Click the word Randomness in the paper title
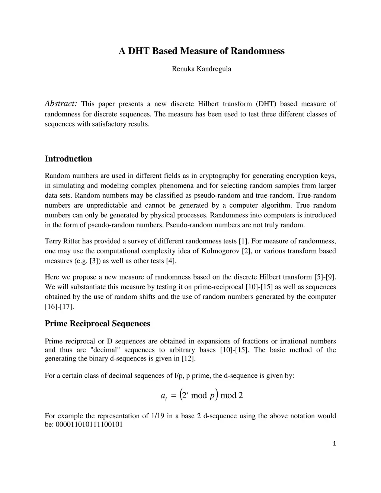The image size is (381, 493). coord(257,51)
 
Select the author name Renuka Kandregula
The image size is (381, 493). coord(201,69)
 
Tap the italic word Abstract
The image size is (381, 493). coord(61,103)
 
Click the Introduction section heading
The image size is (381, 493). coord(68,159)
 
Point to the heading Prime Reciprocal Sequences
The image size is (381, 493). coord(97,324)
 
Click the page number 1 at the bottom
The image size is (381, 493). coord(334,443)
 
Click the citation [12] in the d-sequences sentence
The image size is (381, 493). coord(188,359)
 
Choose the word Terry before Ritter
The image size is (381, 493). coord(53,241)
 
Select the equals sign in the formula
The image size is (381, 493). coord(173,396)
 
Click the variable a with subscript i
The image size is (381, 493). coord(163,396)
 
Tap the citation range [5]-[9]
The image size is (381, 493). coord(325,277)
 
